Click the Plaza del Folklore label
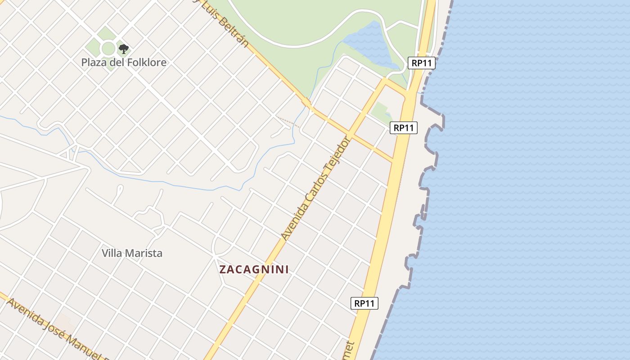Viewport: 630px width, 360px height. click(124, 62)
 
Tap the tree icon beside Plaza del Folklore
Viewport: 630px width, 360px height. click(123, 49)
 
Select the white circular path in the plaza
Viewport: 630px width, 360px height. click(108, 48)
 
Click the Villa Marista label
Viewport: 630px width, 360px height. click(132, 253)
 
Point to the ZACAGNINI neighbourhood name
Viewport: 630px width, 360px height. click(254, 270)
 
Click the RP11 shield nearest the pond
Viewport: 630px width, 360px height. click(422, 63)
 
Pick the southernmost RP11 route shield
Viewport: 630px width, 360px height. click(364, 303)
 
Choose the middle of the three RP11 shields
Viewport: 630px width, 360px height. click(404, 128)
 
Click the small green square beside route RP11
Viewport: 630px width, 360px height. click(381, 111)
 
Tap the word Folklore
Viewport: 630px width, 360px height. click(146, 62)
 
